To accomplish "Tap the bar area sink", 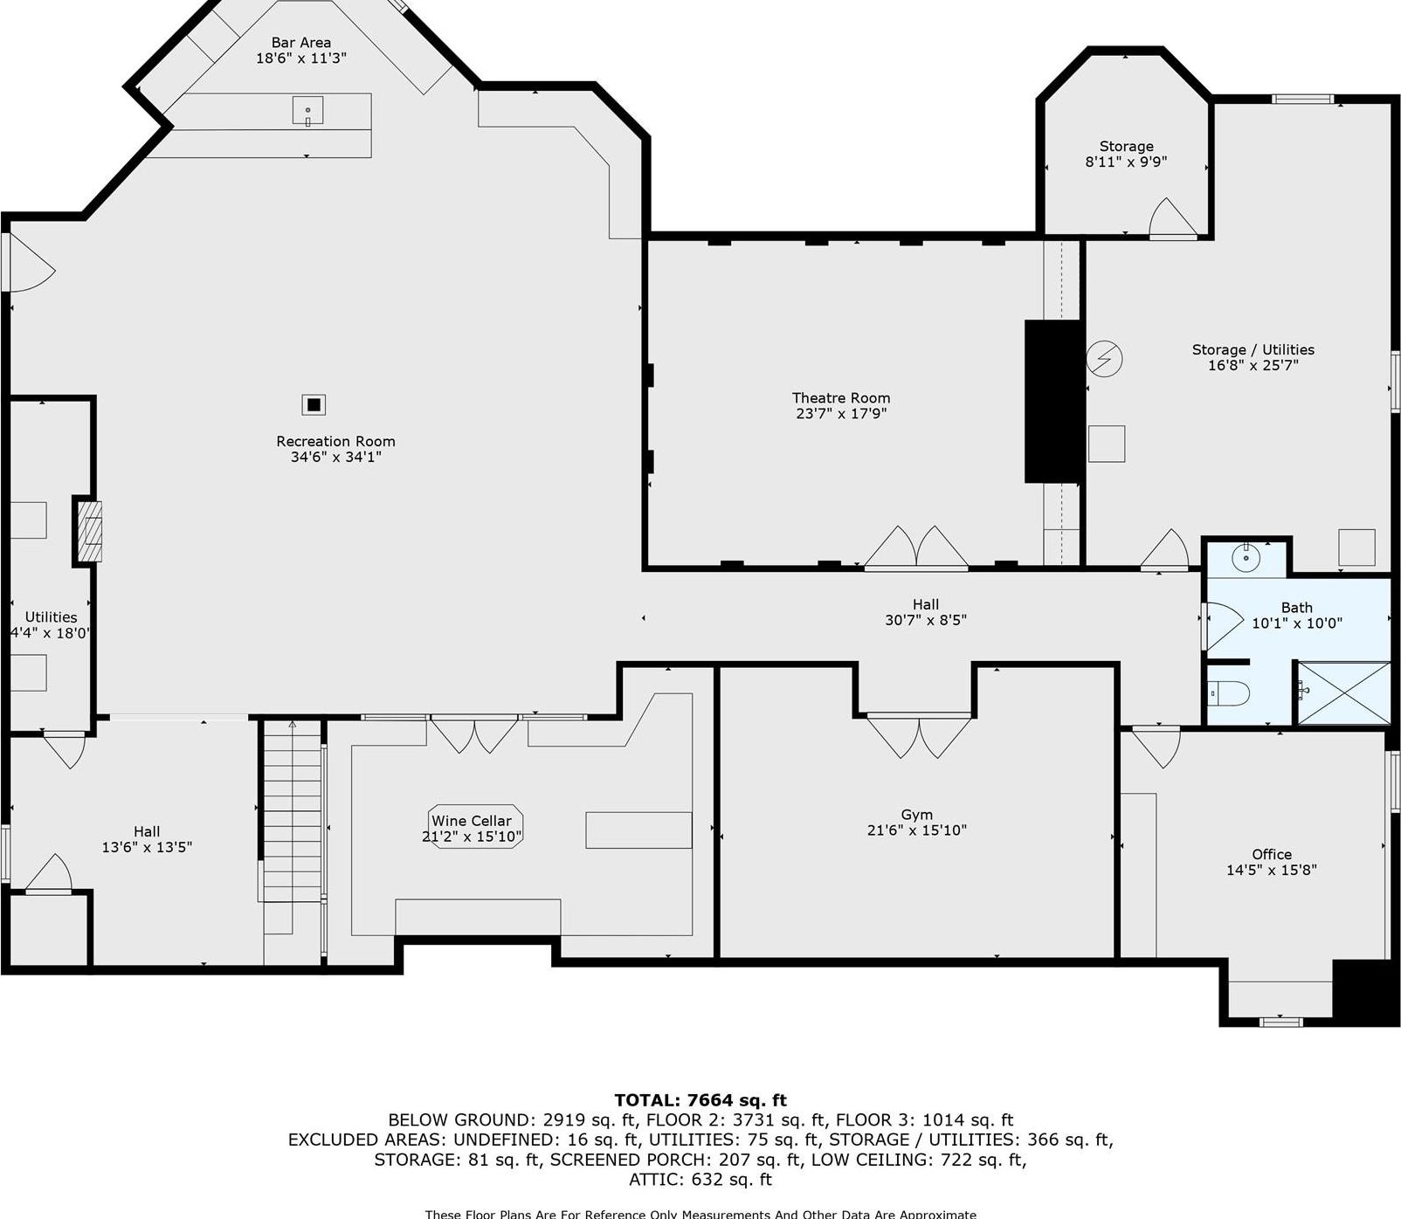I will (x=307, y=111).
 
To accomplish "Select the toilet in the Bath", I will (x=1229, y=694).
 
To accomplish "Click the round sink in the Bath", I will (x=1246, y=556).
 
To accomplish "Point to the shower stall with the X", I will (x=1343, y=693).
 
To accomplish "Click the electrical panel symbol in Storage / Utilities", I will (x=1104, y=358).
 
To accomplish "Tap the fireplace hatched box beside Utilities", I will (x=89, y=531).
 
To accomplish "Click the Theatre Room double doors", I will (x=916, y=548).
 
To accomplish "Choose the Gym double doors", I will (x=919, y=735).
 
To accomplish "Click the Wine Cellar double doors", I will (x=474, y=734).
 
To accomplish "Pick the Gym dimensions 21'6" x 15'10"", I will (x=916, y=830).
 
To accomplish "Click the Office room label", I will (x=1271, y=854).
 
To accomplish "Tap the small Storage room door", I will (x=1171, y=219).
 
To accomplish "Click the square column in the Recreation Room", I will (x=314, y=404).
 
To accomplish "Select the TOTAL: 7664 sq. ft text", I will (x=700, y=1100).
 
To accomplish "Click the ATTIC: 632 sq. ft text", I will (x=700, y=1180).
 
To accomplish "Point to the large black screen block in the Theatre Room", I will (x=1053, y=401).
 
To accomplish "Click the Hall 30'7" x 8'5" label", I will (x=925, y=612).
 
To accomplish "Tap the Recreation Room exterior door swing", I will (x=28, y=263).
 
